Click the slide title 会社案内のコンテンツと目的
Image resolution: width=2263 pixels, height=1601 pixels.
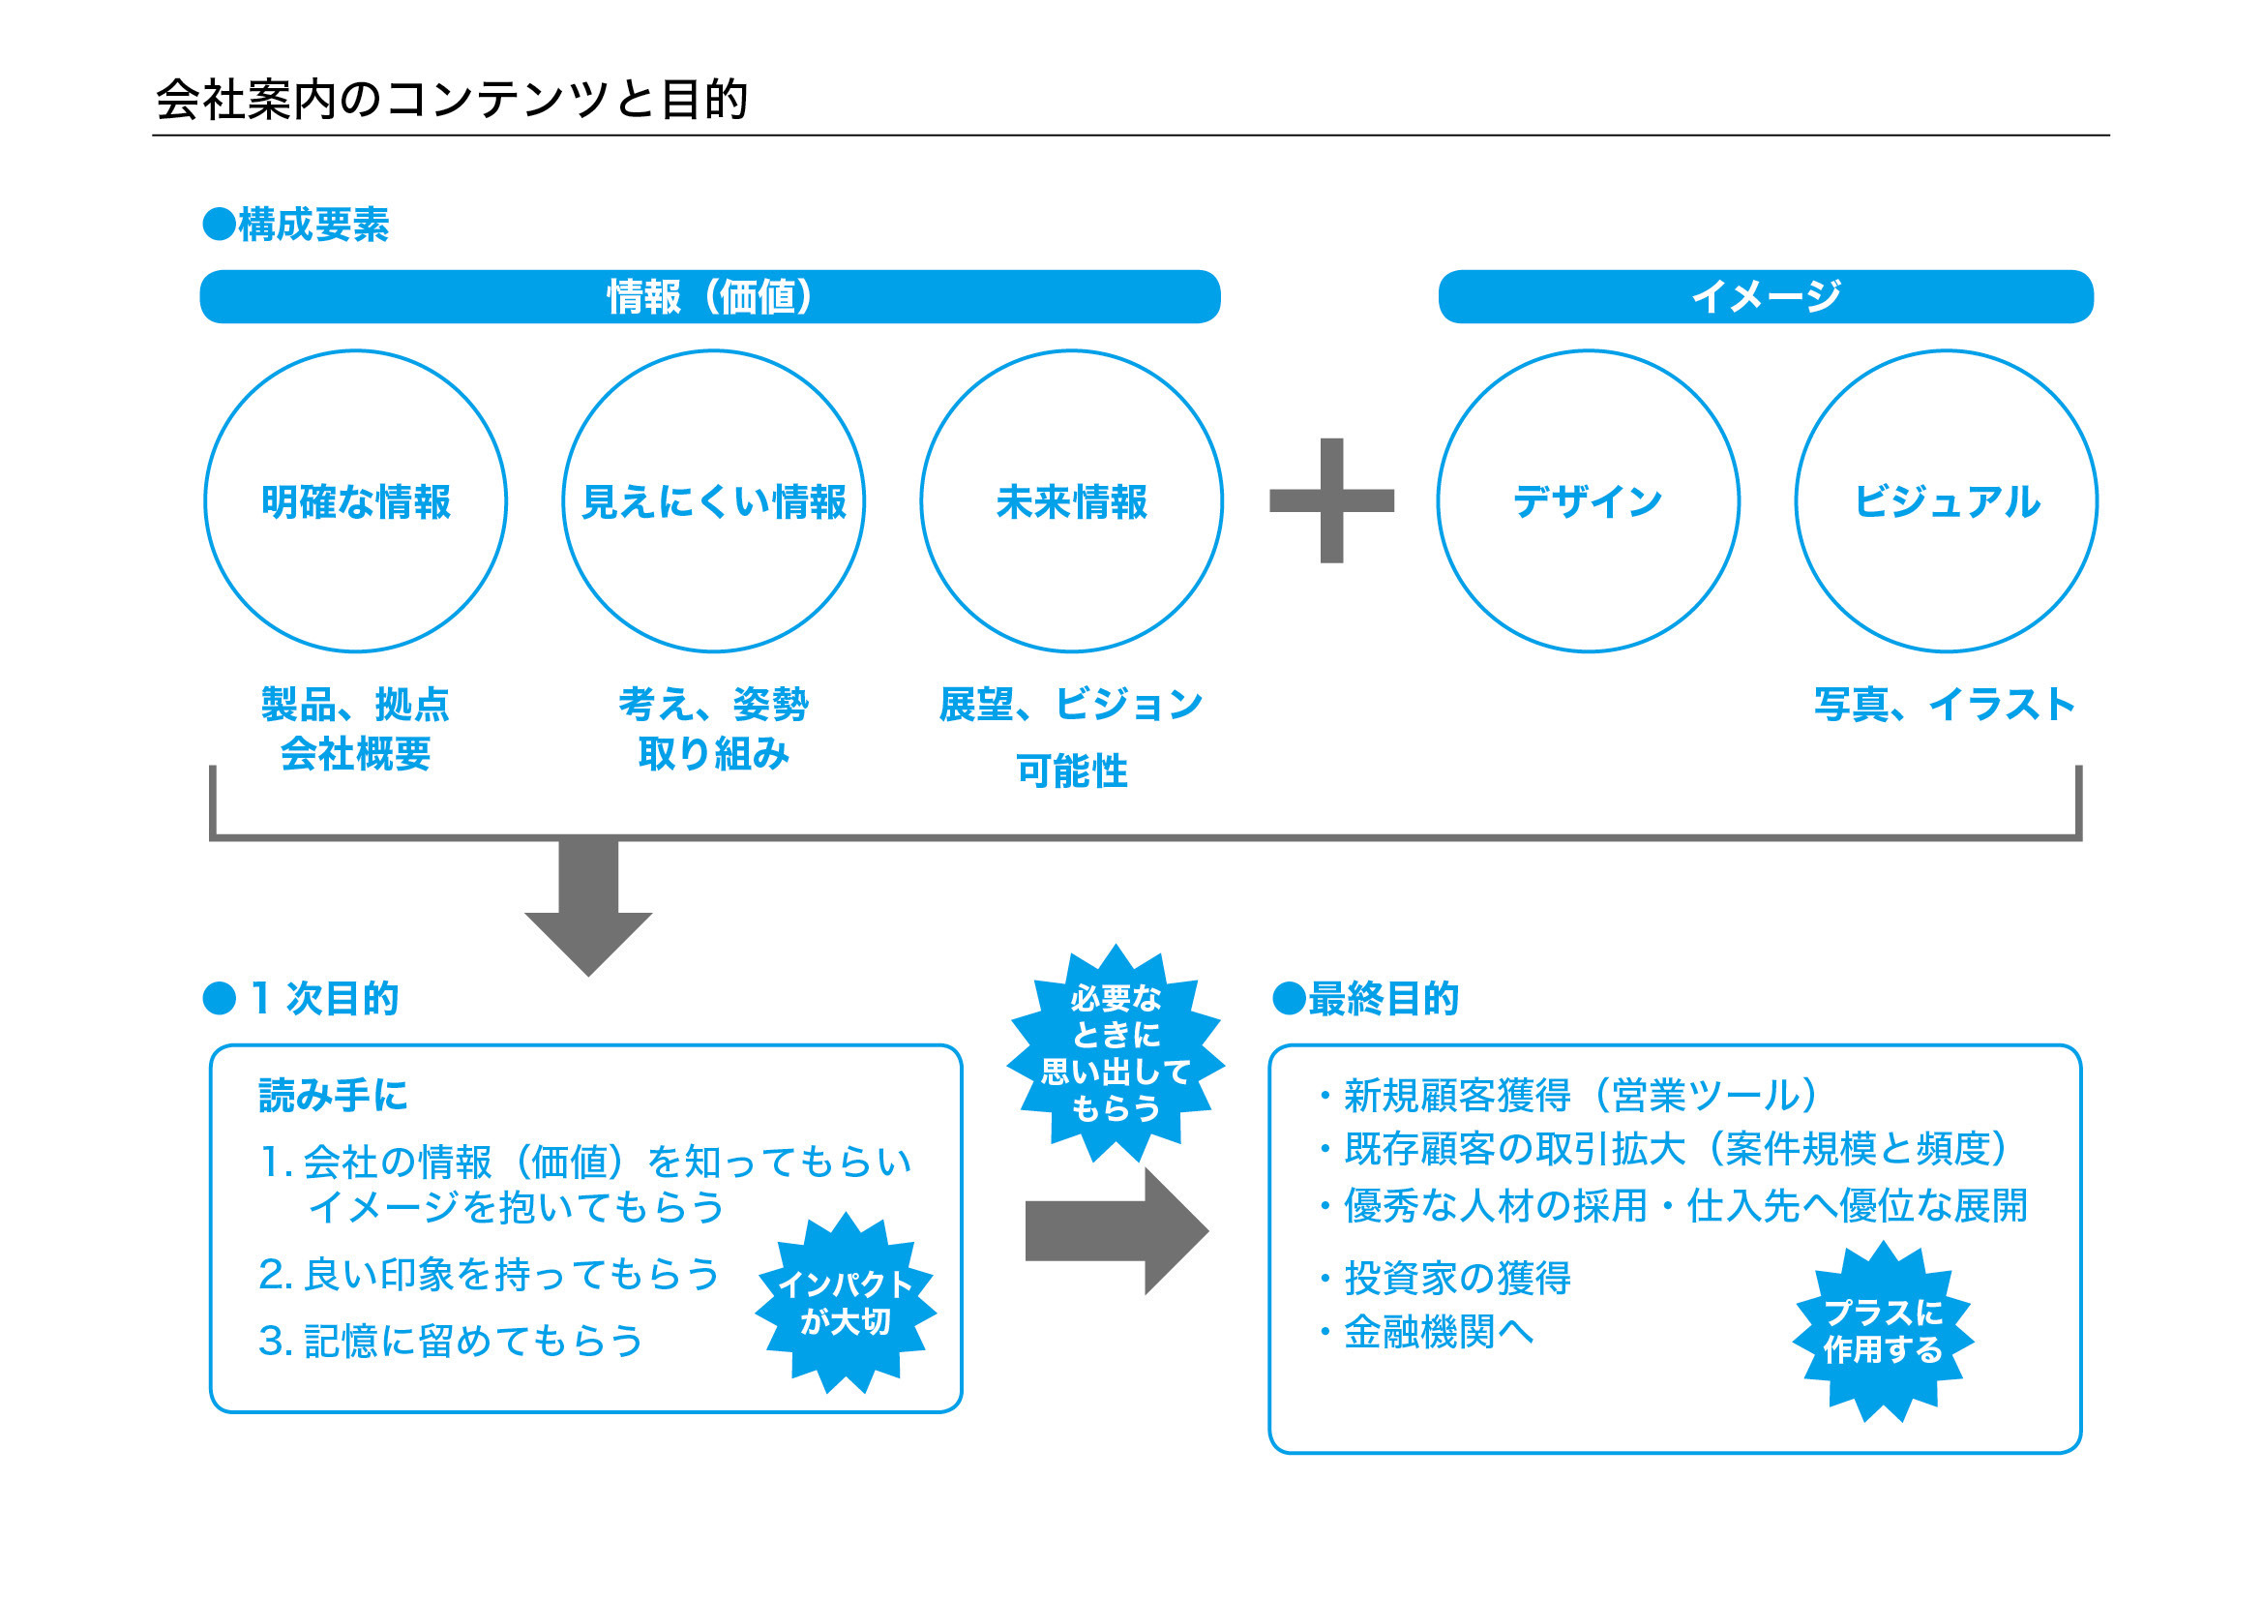452,100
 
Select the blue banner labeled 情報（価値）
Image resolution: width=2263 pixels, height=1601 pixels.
709,297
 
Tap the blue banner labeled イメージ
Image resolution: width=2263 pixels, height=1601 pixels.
1766,297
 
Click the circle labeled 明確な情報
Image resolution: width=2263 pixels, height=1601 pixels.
356,501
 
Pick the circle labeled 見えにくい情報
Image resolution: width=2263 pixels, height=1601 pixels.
714,501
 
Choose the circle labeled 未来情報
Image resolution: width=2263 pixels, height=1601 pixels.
1071,501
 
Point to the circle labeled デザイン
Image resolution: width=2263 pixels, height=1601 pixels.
1588,501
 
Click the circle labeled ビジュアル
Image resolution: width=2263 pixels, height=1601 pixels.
1946,501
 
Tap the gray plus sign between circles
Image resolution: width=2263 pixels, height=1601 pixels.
1331,500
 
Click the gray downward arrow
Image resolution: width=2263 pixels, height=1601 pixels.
588,907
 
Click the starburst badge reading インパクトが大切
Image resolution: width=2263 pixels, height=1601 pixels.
846,1302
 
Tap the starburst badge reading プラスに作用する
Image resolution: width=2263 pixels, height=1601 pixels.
1883,1331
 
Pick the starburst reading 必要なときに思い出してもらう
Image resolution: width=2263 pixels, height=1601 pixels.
1116,1053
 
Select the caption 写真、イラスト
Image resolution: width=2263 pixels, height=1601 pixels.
1945,705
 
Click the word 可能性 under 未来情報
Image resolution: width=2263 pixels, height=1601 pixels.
1071,770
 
